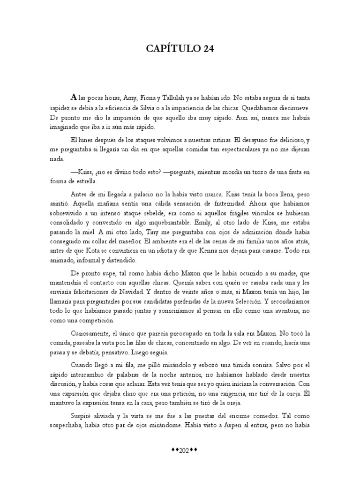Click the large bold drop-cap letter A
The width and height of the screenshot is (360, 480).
pyautogui.click(x=73, y=97)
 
